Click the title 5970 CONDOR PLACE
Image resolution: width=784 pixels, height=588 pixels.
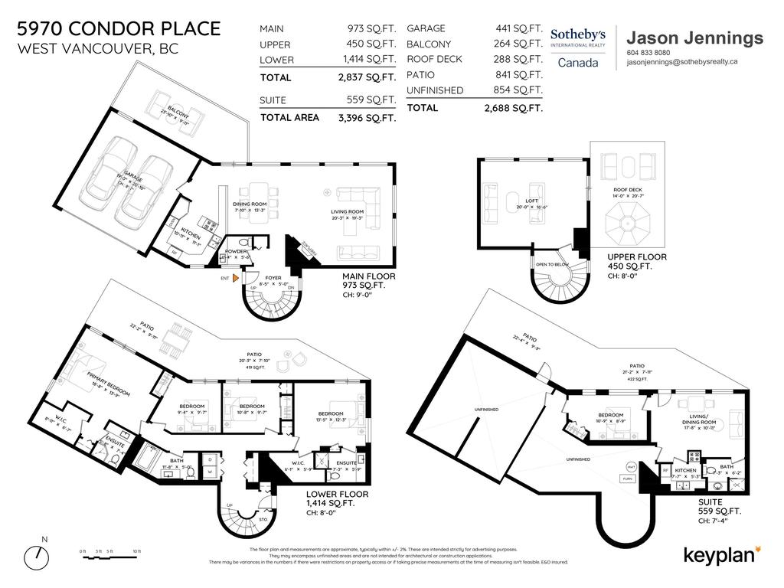(119, 29)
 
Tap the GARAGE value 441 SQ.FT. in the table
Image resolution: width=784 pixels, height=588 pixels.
(518, 28)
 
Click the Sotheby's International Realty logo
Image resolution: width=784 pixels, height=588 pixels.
(578, 47)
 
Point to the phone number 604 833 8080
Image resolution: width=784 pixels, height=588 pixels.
(648, 53)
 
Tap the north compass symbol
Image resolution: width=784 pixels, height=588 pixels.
(40, 553)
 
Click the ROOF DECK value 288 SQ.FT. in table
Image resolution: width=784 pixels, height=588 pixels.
(518, 59)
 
